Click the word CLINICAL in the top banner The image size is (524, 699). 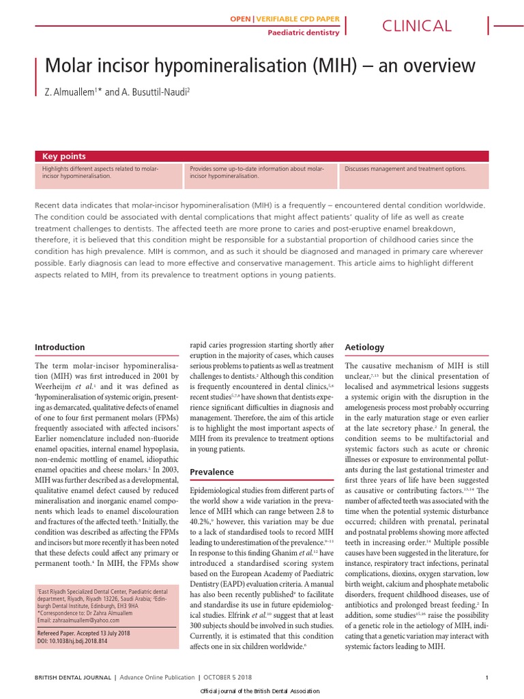coord(417,26)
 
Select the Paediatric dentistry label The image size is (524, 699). coord(303,32)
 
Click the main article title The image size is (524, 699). coord(259,66)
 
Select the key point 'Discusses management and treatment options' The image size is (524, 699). coord(406,169)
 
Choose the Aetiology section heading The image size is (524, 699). coord(365,347)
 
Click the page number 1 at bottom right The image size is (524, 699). coord(486,677)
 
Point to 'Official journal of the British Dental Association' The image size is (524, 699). coord(261,693)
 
